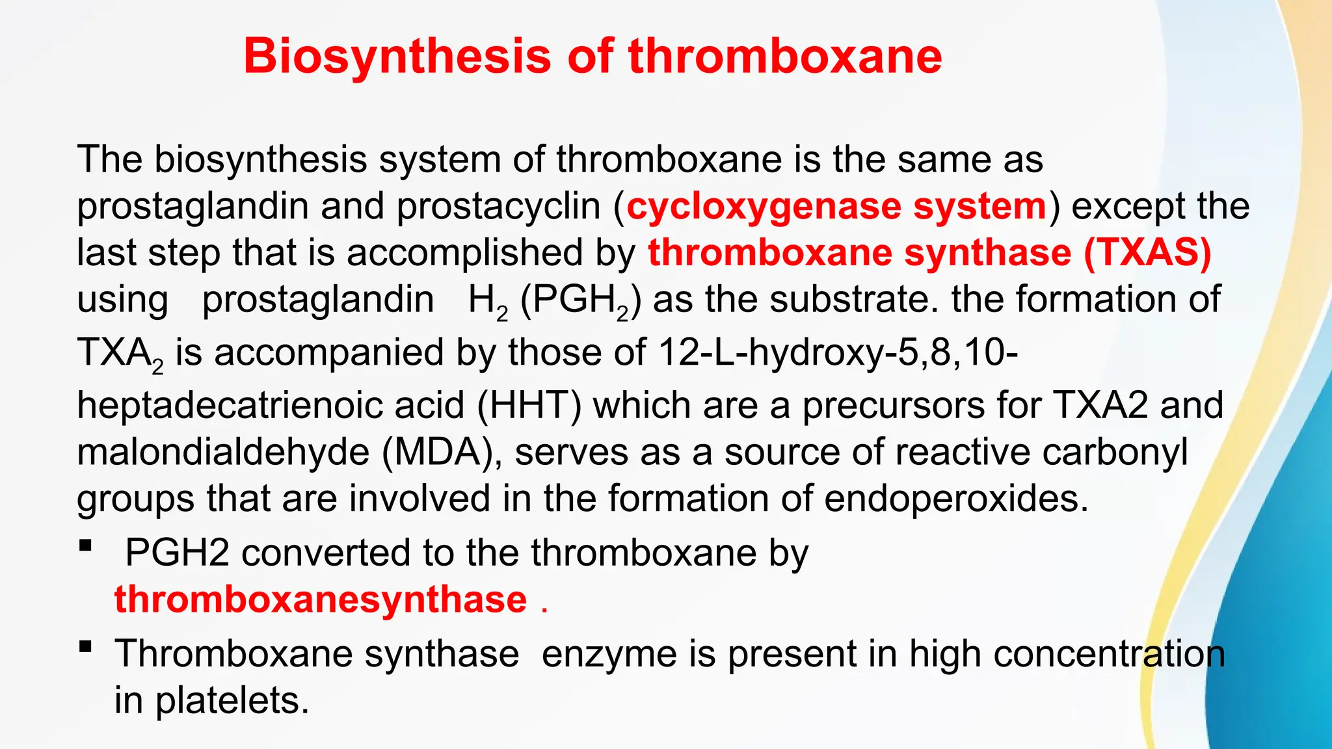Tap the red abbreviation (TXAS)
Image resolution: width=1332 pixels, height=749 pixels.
point(1147,252)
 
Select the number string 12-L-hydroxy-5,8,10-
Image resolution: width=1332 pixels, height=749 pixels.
point(838,353)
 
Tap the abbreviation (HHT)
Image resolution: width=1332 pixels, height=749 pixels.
point(529,405)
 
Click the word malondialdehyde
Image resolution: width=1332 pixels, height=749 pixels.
point(223,452)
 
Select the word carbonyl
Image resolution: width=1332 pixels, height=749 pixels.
point(1115,452)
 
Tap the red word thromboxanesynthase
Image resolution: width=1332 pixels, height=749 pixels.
point(321,599)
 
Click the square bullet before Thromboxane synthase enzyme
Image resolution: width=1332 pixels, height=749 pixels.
point(85,646)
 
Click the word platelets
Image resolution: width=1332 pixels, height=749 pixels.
point(232,701)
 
